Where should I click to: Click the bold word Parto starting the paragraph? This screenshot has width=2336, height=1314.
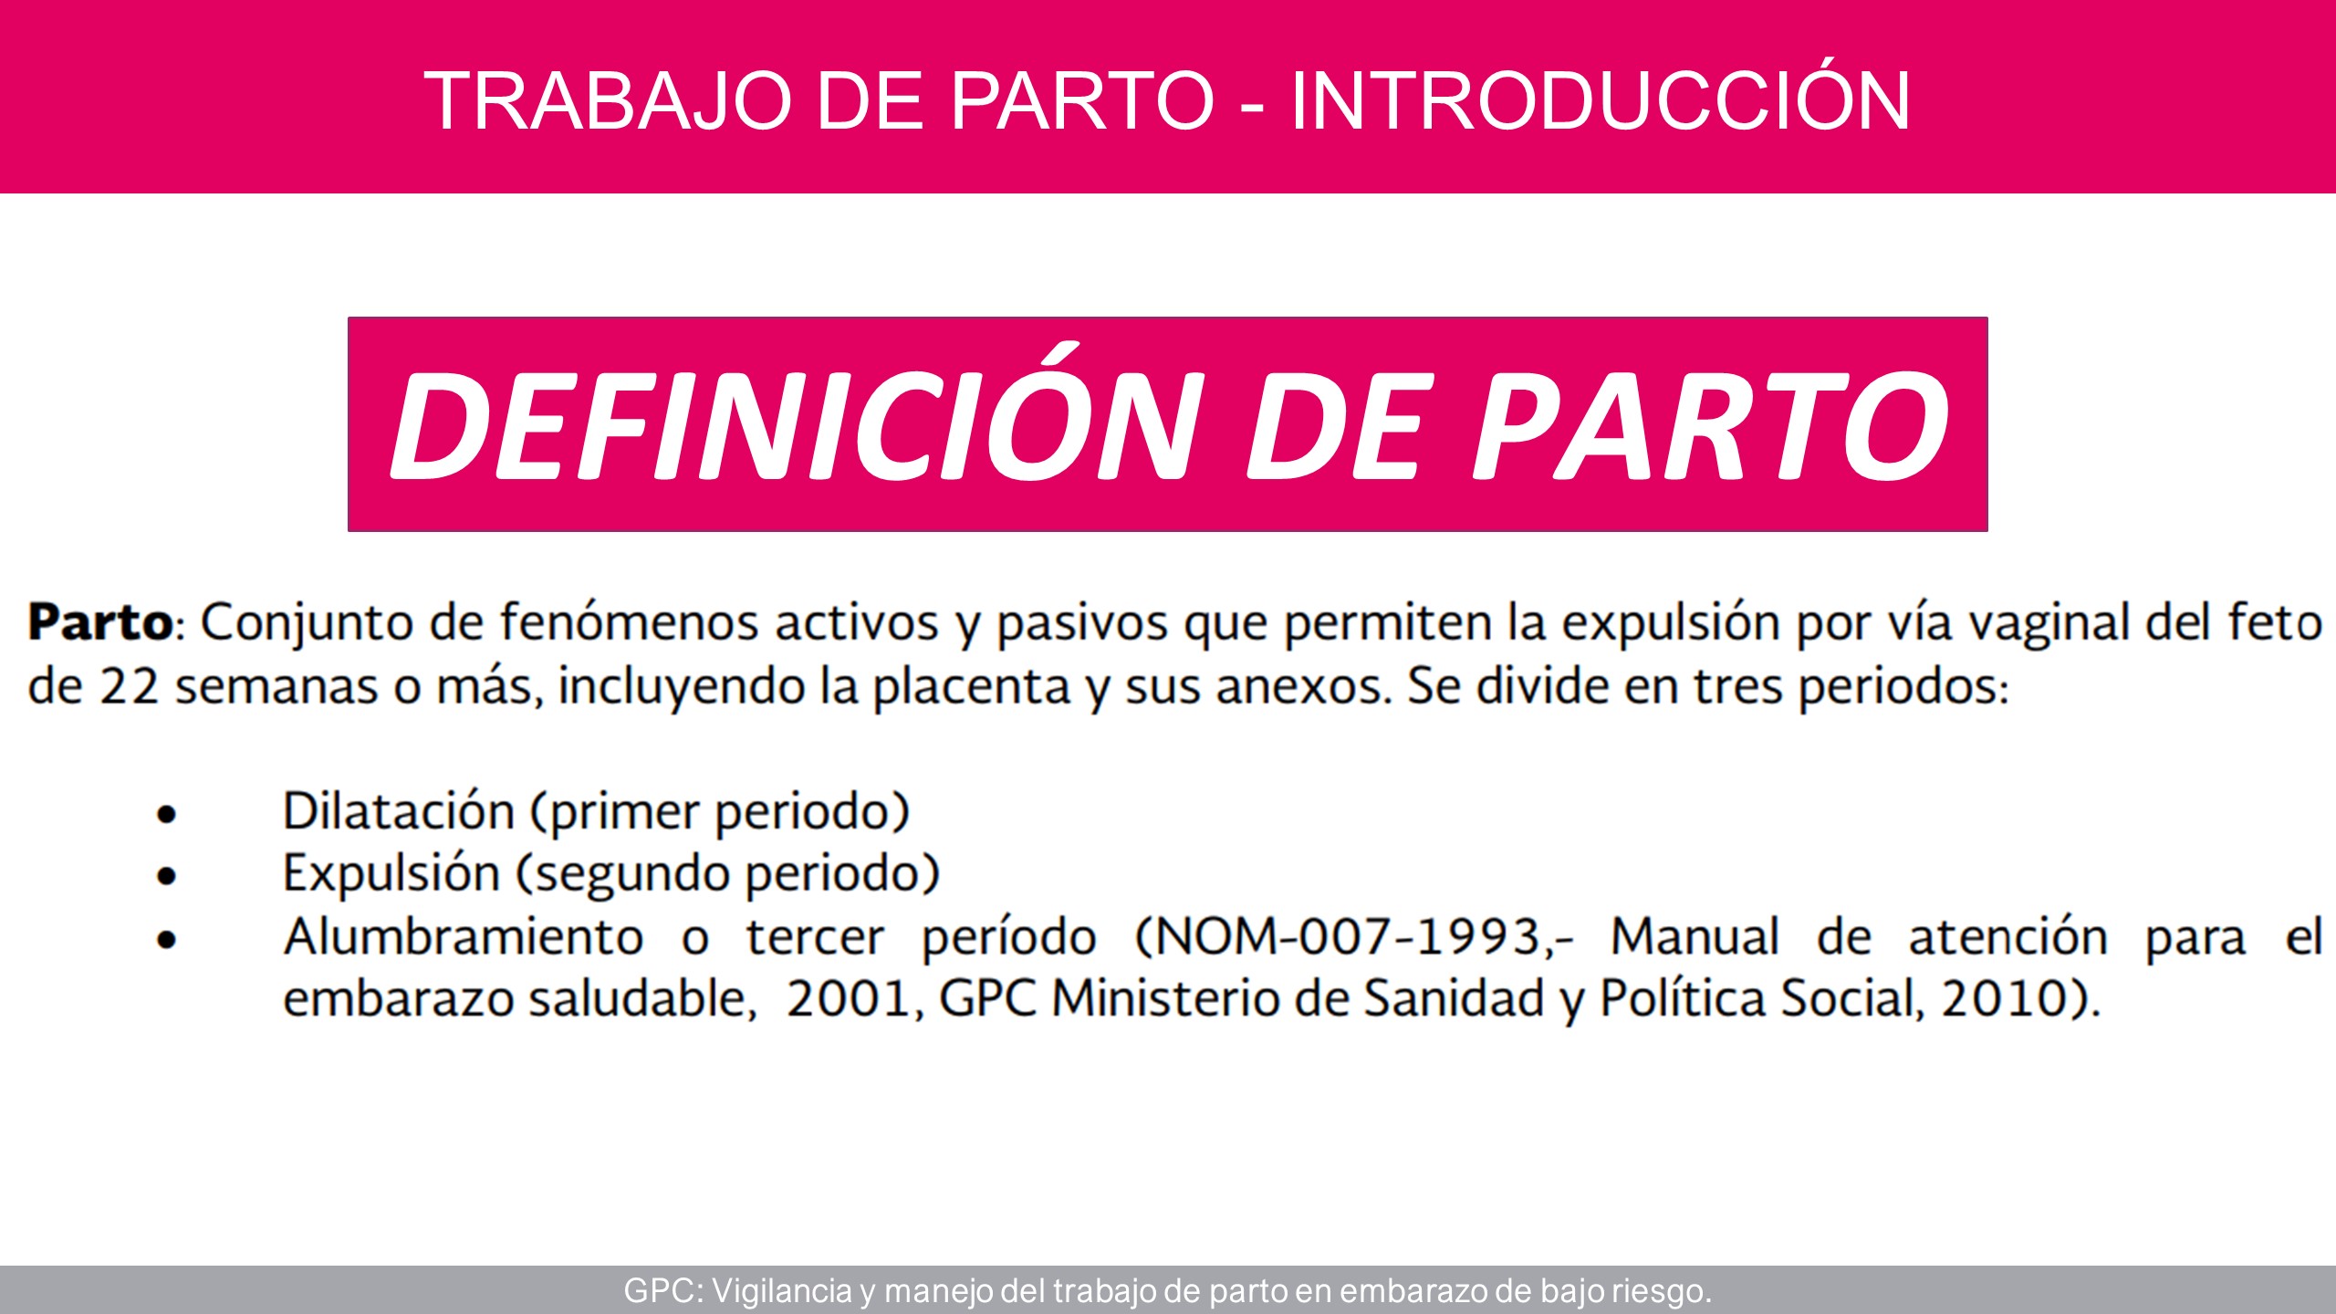(100, 622)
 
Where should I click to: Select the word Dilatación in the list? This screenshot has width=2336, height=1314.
(399, 810)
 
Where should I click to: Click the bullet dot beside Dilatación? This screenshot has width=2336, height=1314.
(166, 814)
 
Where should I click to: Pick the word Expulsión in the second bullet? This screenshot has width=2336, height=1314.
(391, 872)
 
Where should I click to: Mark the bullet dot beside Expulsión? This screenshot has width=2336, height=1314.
(166, 876)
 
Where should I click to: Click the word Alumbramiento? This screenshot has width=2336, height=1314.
(464, 937)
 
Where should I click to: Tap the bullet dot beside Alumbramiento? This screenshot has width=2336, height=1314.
(166, 939)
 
